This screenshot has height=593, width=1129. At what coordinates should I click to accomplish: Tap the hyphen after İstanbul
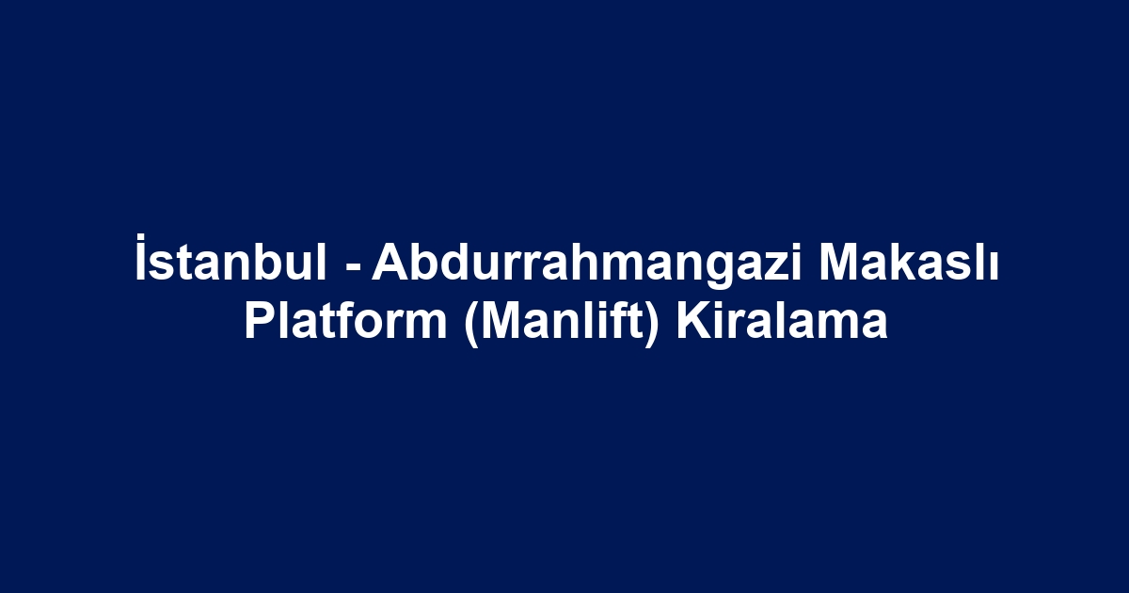tap(354, 266)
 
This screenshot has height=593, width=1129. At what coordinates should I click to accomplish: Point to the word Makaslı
tap(908, 262)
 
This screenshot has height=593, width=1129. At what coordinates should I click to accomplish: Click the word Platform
tap(346, 321)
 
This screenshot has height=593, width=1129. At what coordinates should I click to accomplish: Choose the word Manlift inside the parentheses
tap(563, 321)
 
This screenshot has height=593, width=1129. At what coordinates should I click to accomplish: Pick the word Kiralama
tap(782, 321)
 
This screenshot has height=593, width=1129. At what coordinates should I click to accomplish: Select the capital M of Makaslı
tap(840, 262)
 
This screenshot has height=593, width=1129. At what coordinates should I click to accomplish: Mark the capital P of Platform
tap(261, 321)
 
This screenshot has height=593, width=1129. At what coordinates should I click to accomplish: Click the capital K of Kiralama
tap(694, 321)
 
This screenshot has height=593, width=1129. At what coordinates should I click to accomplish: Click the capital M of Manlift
tap(502, 321)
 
